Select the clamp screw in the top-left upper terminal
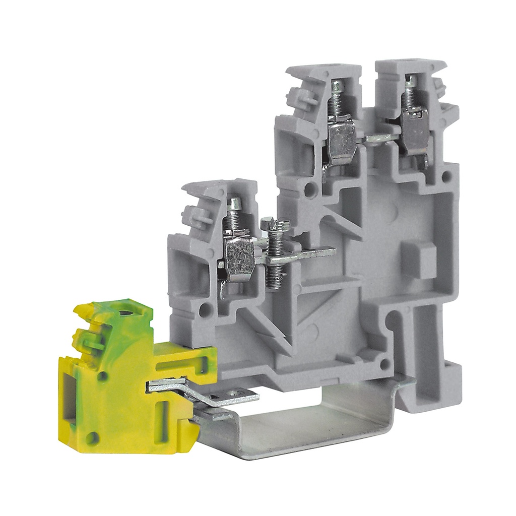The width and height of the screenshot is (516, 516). coord(334,93)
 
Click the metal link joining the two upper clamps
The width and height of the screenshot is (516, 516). coord(379,137)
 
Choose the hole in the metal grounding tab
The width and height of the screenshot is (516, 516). coord(234,393)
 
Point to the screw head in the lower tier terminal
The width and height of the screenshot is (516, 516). coord(234,204)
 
